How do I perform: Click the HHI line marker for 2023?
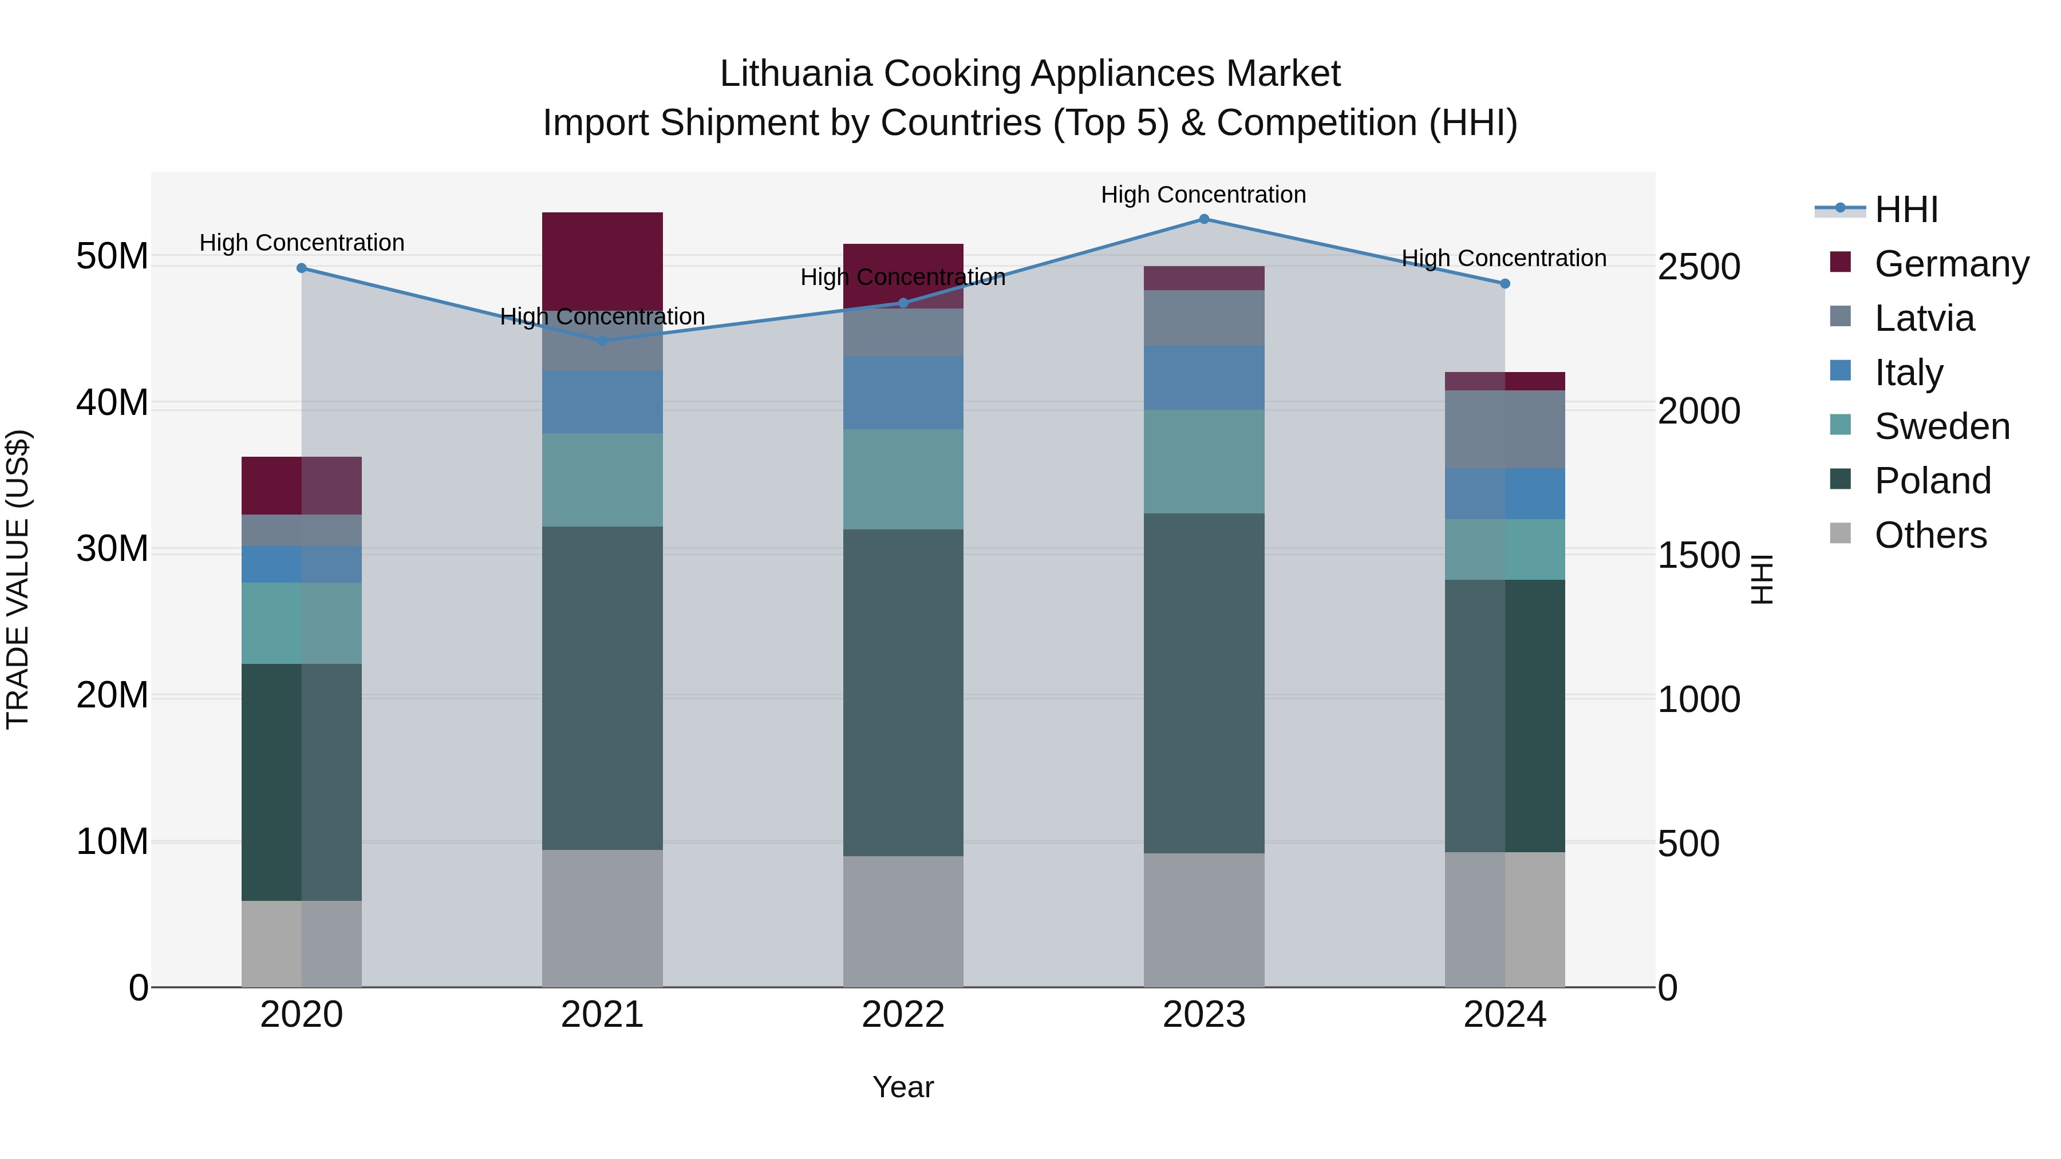(1203, 219)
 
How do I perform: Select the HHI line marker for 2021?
(602, 341)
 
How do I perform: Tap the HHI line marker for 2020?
(302, 268)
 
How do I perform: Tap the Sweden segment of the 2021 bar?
(602, 480)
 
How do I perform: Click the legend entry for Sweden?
(1942, 426)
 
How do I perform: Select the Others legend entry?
(1930, 535)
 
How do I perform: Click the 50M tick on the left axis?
(112, 257)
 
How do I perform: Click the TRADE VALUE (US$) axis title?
(18, 579)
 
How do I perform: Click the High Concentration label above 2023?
(1203, 195)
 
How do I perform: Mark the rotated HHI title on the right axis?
(1762, 579)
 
